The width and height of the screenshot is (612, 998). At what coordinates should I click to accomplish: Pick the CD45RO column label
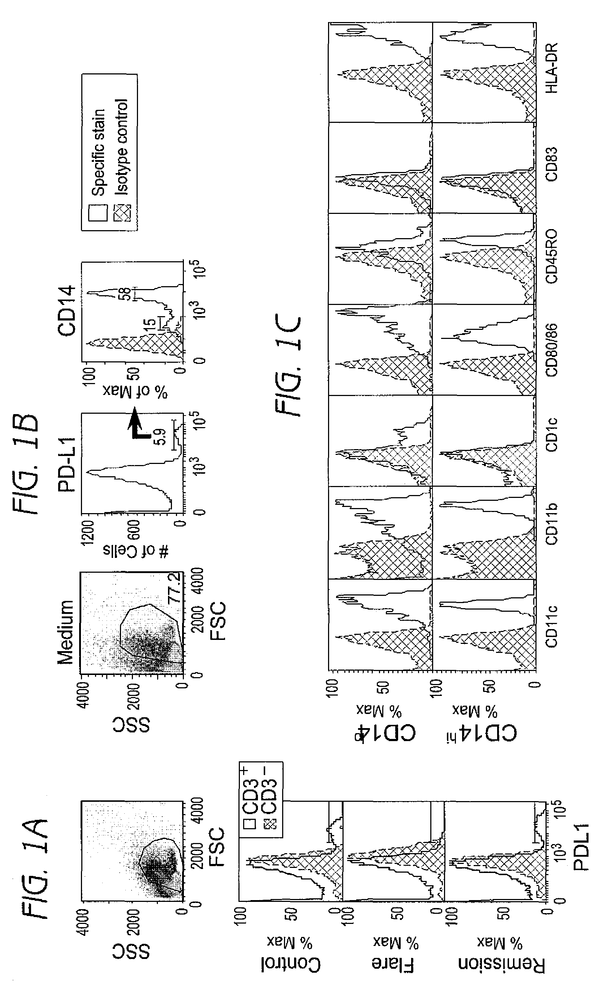pyautogui.click(x=552, y=257)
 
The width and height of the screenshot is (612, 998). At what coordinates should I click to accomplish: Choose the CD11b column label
pyautogui.click(x=552, y=524)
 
